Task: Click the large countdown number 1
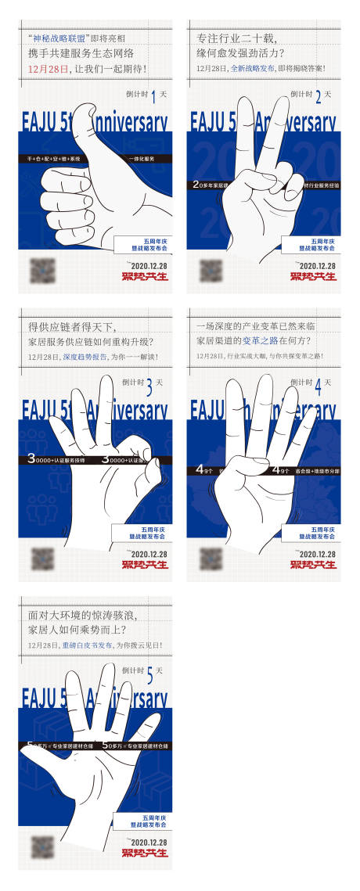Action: pos(154,98)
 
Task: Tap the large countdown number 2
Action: pos(317,98)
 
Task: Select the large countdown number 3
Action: pos(149,385)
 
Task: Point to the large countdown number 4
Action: pos(317,385)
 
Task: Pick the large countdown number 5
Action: pos(149,673)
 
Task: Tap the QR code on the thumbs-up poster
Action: pos(42,271)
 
